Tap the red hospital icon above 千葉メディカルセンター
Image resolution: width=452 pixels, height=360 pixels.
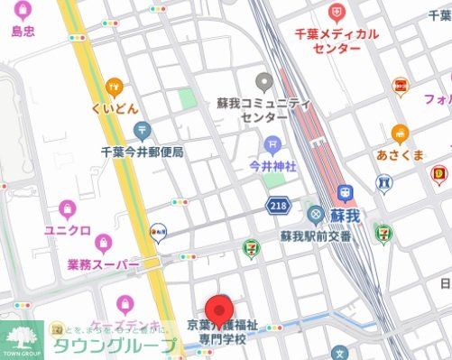point(337,13)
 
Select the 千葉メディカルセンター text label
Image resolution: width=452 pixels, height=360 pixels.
point(337,40)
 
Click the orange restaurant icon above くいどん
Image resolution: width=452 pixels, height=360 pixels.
point(114,88)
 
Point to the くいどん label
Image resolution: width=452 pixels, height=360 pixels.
point(114,109)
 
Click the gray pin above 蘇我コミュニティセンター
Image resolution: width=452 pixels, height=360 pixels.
point(263,82)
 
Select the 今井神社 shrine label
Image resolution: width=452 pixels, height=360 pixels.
point(272,166)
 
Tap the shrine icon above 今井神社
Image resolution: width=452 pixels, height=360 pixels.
point(272,144)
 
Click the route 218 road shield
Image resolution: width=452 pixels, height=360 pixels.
point(278,208)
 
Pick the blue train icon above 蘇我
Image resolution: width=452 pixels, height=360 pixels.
point(345,193)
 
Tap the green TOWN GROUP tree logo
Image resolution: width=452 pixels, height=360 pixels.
point(22,338)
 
